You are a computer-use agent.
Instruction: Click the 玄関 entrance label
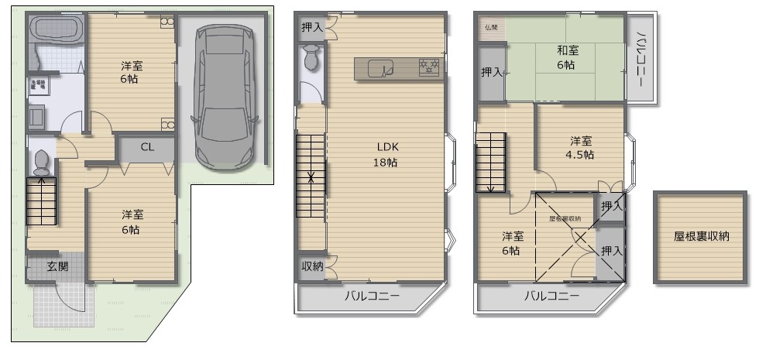point(57,266)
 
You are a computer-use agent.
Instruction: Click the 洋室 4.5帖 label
point(581,148)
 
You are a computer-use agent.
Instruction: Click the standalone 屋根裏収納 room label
point(702,236)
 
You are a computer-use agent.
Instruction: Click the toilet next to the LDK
point(312,58)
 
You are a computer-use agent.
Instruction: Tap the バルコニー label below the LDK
point(371,297)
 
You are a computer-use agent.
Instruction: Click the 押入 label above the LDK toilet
point(311,26)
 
